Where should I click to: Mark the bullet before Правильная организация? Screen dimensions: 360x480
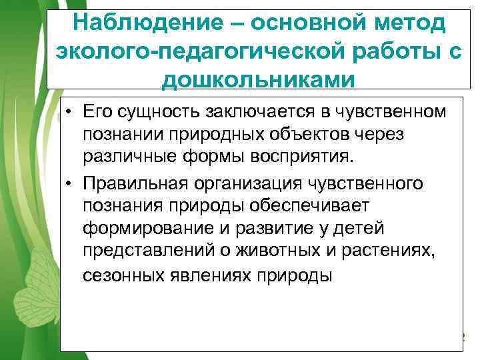[x=69, y=183]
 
